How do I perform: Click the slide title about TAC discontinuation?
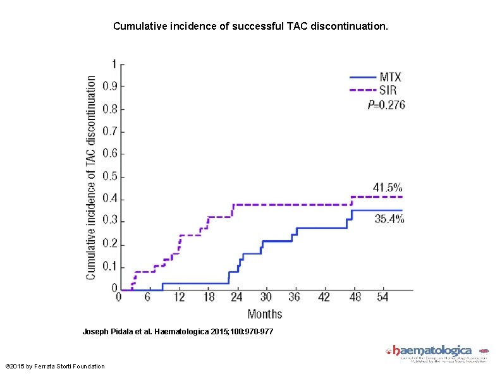[x=251, y=27]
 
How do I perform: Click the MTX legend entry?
[x=390, y=77]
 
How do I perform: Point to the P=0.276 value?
[x=386, y=104]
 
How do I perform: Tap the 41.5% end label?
[x=387, y=187]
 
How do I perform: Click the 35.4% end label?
[x=389, y=219]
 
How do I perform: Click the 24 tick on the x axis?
[x=237, y=297]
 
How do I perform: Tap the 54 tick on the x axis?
[x=384, y=297]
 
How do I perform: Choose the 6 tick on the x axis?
[x=147, y=297]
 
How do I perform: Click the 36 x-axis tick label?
[x=295, y=297]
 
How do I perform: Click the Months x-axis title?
[x=265, y=313]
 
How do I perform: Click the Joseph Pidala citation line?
[x=178, y=331]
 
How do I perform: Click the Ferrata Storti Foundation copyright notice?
[x=55, y=367]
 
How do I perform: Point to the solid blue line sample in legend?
[x=362, y=77]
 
